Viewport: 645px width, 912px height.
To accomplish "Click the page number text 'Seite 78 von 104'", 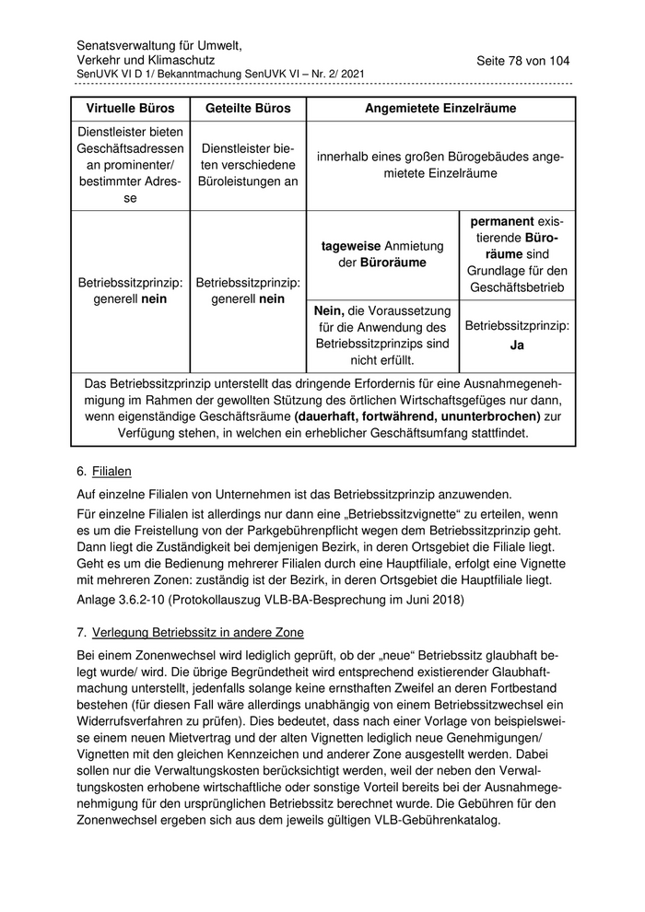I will click(522, 61).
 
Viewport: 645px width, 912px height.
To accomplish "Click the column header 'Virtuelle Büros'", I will click(130, 109).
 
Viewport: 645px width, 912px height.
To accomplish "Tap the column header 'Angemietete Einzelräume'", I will click(440, 109).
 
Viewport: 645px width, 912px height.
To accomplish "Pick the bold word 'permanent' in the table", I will click(502, 221).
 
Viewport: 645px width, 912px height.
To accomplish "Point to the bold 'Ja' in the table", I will click(517, 345).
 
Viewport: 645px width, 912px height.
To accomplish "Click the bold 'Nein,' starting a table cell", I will click(333, 310).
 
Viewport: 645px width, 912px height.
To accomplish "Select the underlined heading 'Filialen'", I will click(111, 471).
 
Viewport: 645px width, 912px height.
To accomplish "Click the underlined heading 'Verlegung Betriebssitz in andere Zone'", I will click(198, 632).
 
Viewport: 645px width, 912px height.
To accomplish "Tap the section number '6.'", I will click(82, 471).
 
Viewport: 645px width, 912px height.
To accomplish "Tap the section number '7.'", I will click(82, 632).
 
